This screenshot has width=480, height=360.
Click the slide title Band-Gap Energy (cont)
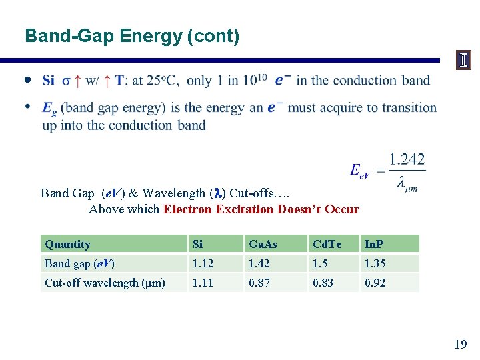tap(131, 35)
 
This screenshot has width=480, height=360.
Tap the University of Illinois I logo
tap(463, 61)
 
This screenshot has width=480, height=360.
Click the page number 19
tap(460, 344)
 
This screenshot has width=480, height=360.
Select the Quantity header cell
tap(67, 244)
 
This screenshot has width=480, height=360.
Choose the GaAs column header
tap(261, 244)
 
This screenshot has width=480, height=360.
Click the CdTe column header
tap(327, 244)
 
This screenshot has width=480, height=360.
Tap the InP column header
tap(374, 244)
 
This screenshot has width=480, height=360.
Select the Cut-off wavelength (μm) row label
tap(105, 283)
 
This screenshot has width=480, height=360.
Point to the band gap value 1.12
tap(203, 263)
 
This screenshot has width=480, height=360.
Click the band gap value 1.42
tap(259, 263)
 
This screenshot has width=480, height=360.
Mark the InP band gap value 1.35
tap(375, 263)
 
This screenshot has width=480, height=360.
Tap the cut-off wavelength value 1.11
tap(203, 283)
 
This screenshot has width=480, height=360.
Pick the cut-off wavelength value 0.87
tap(259, 283)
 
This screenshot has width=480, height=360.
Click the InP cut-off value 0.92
tap(375, 283)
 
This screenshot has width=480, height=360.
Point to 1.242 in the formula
tap(407, 159)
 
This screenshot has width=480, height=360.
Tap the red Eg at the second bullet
tap(49, 108)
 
